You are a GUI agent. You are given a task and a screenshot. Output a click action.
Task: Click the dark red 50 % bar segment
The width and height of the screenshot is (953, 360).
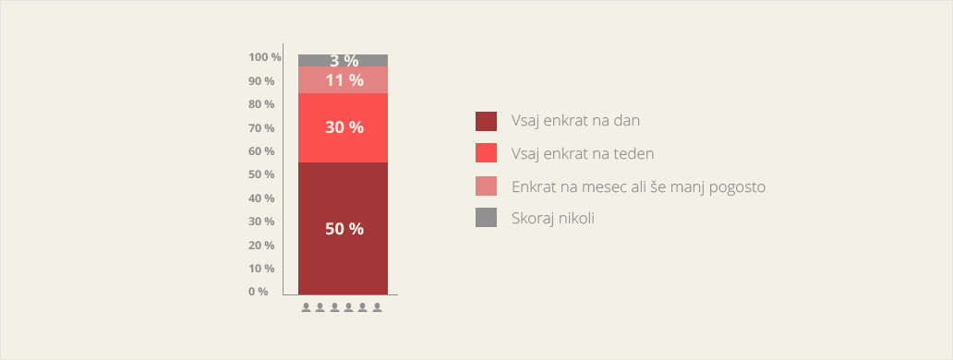(x=343, y=228)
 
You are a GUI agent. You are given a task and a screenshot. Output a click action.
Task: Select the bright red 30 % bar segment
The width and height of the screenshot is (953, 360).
(x=343, y=127)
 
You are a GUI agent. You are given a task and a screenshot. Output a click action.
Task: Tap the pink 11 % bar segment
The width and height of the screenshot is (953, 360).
(x=343, y=79)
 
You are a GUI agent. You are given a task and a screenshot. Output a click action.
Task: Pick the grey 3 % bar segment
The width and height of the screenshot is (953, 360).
(x=343, y=61)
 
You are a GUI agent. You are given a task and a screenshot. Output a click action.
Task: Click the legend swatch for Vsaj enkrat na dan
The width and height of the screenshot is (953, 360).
(x=486, y=121)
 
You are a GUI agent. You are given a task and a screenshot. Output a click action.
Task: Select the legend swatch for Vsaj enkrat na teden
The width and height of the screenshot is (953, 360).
(x=486, y=153)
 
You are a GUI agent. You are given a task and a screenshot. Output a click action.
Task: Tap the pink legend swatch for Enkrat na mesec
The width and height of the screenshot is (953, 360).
(x=486, y=186)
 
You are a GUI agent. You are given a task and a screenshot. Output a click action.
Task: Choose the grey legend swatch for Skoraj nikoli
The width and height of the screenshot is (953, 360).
(x=486, y=217)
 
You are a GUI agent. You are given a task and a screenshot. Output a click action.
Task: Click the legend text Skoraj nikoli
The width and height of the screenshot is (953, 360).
(x=552, y=218)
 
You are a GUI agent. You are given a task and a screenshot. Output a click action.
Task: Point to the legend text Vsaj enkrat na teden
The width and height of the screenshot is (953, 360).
(x=583, y=153)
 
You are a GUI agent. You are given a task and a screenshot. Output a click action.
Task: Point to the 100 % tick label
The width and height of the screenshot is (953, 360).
(x=265, y=57)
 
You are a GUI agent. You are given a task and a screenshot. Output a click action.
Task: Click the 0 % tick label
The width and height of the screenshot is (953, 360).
(x=258, y=292)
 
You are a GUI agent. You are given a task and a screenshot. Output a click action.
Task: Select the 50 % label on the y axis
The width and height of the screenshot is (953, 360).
(x=261, y=174)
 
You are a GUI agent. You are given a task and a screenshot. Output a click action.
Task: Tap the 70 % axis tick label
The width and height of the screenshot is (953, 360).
(x=261, y=128)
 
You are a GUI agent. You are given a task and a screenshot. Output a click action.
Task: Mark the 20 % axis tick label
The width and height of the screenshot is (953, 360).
(x=261, y=246)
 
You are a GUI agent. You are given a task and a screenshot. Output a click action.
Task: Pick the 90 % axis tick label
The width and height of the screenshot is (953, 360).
(x=261, y=80)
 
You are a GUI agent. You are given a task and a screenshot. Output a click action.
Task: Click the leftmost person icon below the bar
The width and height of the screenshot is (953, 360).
(x=307, y=307)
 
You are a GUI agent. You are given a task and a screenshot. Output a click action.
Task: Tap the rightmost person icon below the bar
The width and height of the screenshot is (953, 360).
(x=378, y=307)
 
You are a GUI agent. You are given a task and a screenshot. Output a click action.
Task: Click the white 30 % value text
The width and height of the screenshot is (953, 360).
(x=344, y=127)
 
